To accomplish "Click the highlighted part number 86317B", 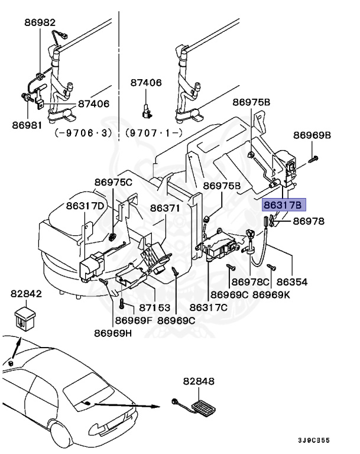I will [283, 205].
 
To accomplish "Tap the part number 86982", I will [39, 22].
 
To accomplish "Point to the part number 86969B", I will [312, 135].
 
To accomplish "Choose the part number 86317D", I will [85, 206].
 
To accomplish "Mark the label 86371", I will [164, 208].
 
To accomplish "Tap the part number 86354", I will [292, 282].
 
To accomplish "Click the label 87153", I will [155, 308].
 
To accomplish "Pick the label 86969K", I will [271, 294].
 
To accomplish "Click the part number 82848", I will [199, 382].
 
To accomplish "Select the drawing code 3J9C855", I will [313, 440].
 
